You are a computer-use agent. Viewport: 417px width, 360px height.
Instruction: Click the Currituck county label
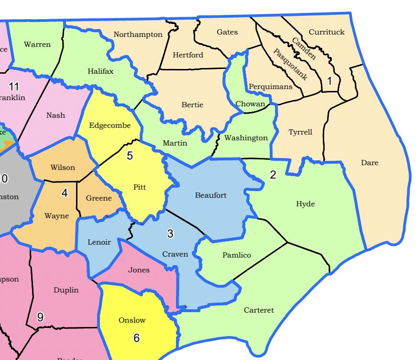pyautogui.click(x=327, y=32)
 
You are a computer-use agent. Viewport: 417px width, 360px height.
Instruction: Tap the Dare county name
pyautogui.click(x=370, y=163)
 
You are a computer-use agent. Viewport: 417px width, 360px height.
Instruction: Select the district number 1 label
pyautogui.click(x=329, y=81)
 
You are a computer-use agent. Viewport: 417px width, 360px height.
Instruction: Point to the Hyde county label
pyautogui.click(x=306, y=204)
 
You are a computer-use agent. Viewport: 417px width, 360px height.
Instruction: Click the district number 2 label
pyautogui.click(x=273, y=175)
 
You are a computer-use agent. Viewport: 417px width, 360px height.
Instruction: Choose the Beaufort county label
pyautogui.click(x=211, y=195)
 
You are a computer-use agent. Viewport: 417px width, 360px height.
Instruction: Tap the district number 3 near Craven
pyautogui.click(x=170, y=234)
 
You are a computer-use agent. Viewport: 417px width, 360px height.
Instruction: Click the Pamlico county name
pyautogui.click(x=236, y=255)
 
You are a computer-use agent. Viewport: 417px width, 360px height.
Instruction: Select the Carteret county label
pyautogui.click(x=259, y=310)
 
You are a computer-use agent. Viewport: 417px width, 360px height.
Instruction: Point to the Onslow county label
pyautogui.click(x=132, y=320)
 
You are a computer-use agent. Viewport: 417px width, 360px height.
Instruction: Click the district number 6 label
pyautogui.click(x=136, y=338)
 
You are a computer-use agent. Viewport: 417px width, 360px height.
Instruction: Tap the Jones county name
pyautogui.click(x=139, y=270)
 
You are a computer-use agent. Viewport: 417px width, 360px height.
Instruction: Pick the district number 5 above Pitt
pyautogui.click(x=130, y=156)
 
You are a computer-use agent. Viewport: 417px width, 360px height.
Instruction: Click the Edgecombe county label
pyautogui.click(x=110, y=126)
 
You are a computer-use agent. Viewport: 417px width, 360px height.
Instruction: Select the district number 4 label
pyautogui.click(x=65, y=193)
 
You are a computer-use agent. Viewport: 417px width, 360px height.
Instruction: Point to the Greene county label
pyautogui.click(x=99, y=198)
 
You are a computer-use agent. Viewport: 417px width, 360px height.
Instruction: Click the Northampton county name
pyautogui.click(x=138, y=34)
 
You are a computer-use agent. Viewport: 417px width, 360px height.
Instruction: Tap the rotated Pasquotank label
pyautogui.click(x=290, y=64)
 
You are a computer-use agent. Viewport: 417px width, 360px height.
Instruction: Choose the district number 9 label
pyautogui.click(x=40, y=317)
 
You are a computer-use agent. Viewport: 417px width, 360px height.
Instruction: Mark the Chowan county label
pyautogui.click(x=250, y=104)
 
